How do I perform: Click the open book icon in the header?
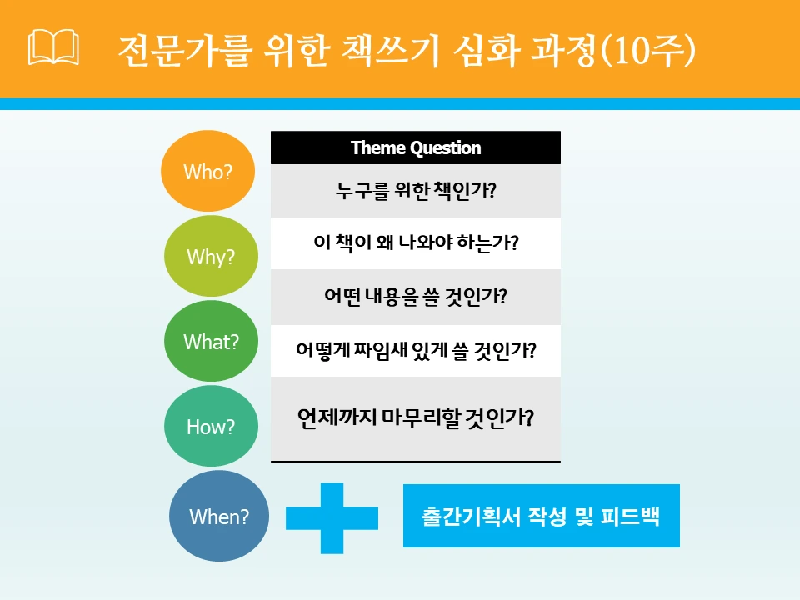[53, 49]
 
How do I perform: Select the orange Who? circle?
[207, 172]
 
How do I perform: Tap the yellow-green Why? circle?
[210, 257]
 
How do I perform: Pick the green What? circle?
[211, 342]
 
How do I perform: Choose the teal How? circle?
[211, 427]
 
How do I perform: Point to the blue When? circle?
[219, 517]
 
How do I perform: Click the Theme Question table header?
[416, 147]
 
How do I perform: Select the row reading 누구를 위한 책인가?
[416, 192]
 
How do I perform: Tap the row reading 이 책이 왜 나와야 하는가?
[416, 243]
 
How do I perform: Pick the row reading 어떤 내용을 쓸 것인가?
[416, 296]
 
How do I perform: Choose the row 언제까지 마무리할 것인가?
[416, 417]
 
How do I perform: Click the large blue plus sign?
[332, 517]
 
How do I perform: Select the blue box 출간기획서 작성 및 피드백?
[541, 516]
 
